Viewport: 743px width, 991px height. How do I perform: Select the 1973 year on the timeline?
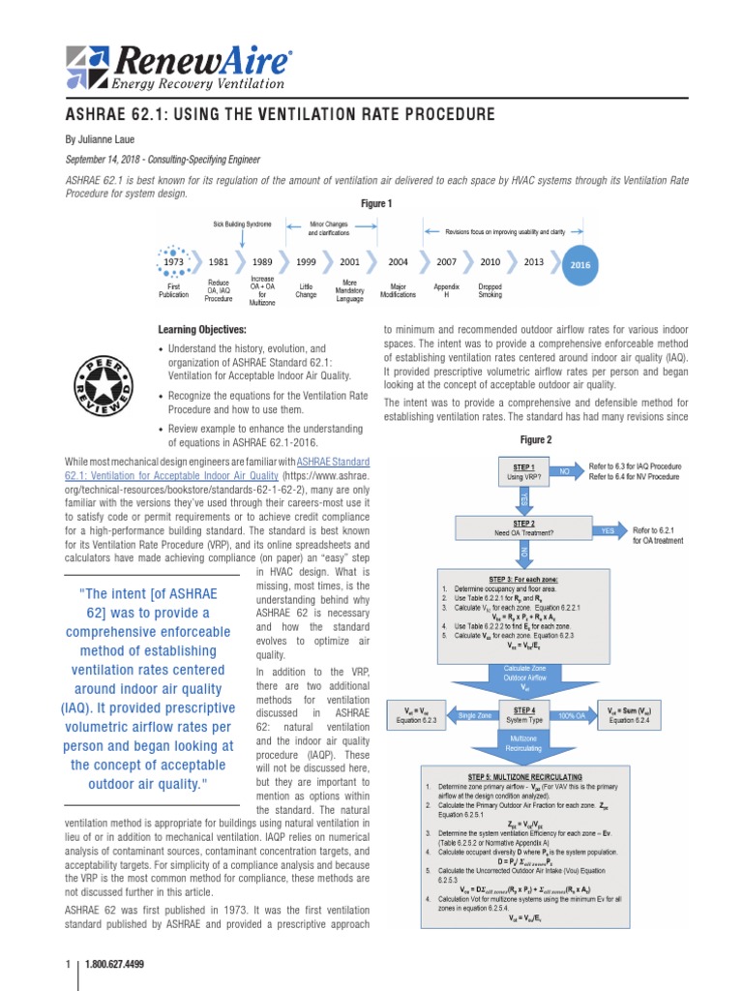[173, 261]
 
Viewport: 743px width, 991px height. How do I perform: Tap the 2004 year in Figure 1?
[398, 261]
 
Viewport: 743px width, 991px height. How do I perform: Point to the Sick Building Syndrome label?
[243, 224]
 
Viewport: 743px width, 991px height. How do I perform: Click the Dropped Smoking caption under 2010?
[490, 290]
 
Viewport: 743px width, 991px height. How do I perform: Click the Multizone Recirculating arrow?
[523, 743]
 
